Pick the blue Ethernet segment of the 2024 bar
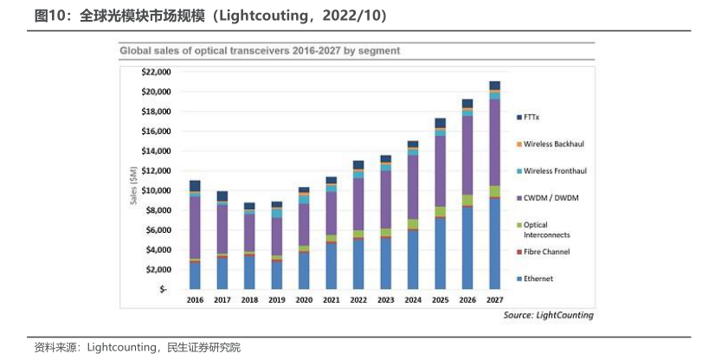[x=413, y=260]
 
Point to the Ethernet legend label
[x=538, y=279]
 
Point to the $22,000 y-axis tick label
[x=156, y=72]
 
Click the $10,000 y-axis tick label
[x=156, y=190]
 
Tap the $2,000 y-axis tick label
[x=158, y=269]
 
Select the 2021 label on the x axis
[x=330, y=299]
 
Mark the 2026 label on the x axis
[x=467, y=299]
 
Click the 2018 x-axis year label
[x=248, y=299]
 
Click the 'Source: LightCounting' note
[x=548, y=315]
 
